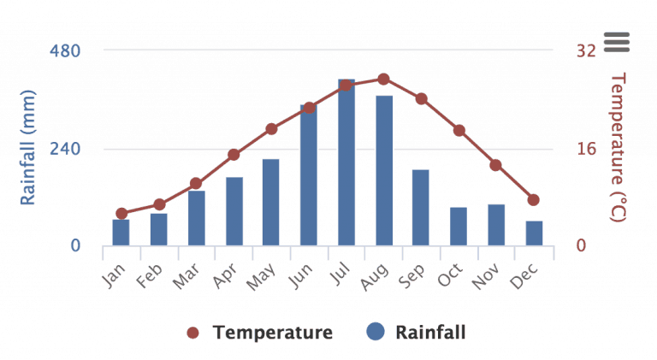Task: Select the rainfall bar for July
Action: [x=346, y=162]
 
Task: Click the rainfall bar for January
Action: [x=121, y=233]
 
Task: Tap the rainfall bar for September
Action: [x=421, y=208]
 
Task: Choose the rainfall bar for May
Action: [x=270, y=203]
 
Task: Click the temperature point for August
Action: [x=383, y=79]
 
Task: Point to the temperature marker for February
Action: [x=159, y=204]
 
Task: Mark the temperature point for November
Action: [x=496, y=165]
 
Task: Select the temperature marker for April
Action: [x=234, y=155]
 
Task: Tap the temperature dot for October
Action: [x=459, y=130]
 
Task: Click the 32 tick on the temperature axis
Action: [x=586, y=50]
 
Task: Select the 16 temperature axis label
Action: [x=585, y=149]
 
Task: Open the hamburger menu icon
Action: [x=616, y=40]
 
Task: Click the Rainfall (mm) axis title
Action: [x=28, y=147]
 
